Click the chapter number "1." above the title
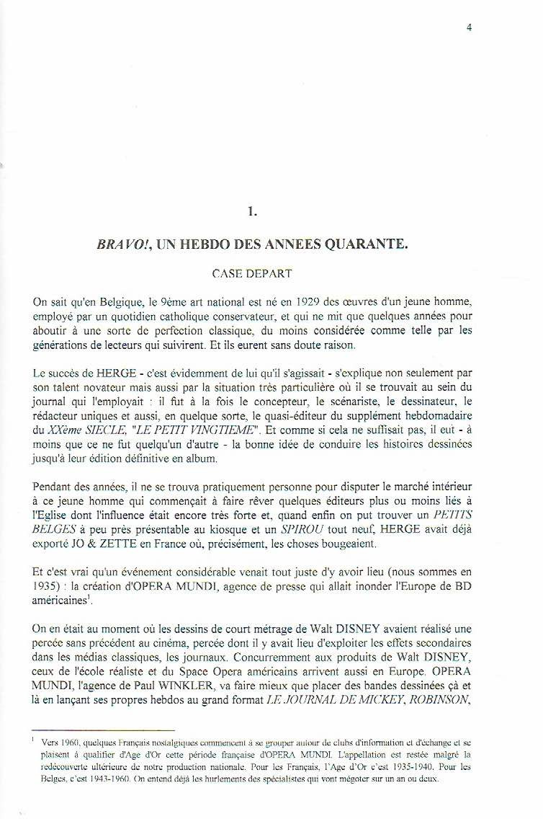251,211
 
